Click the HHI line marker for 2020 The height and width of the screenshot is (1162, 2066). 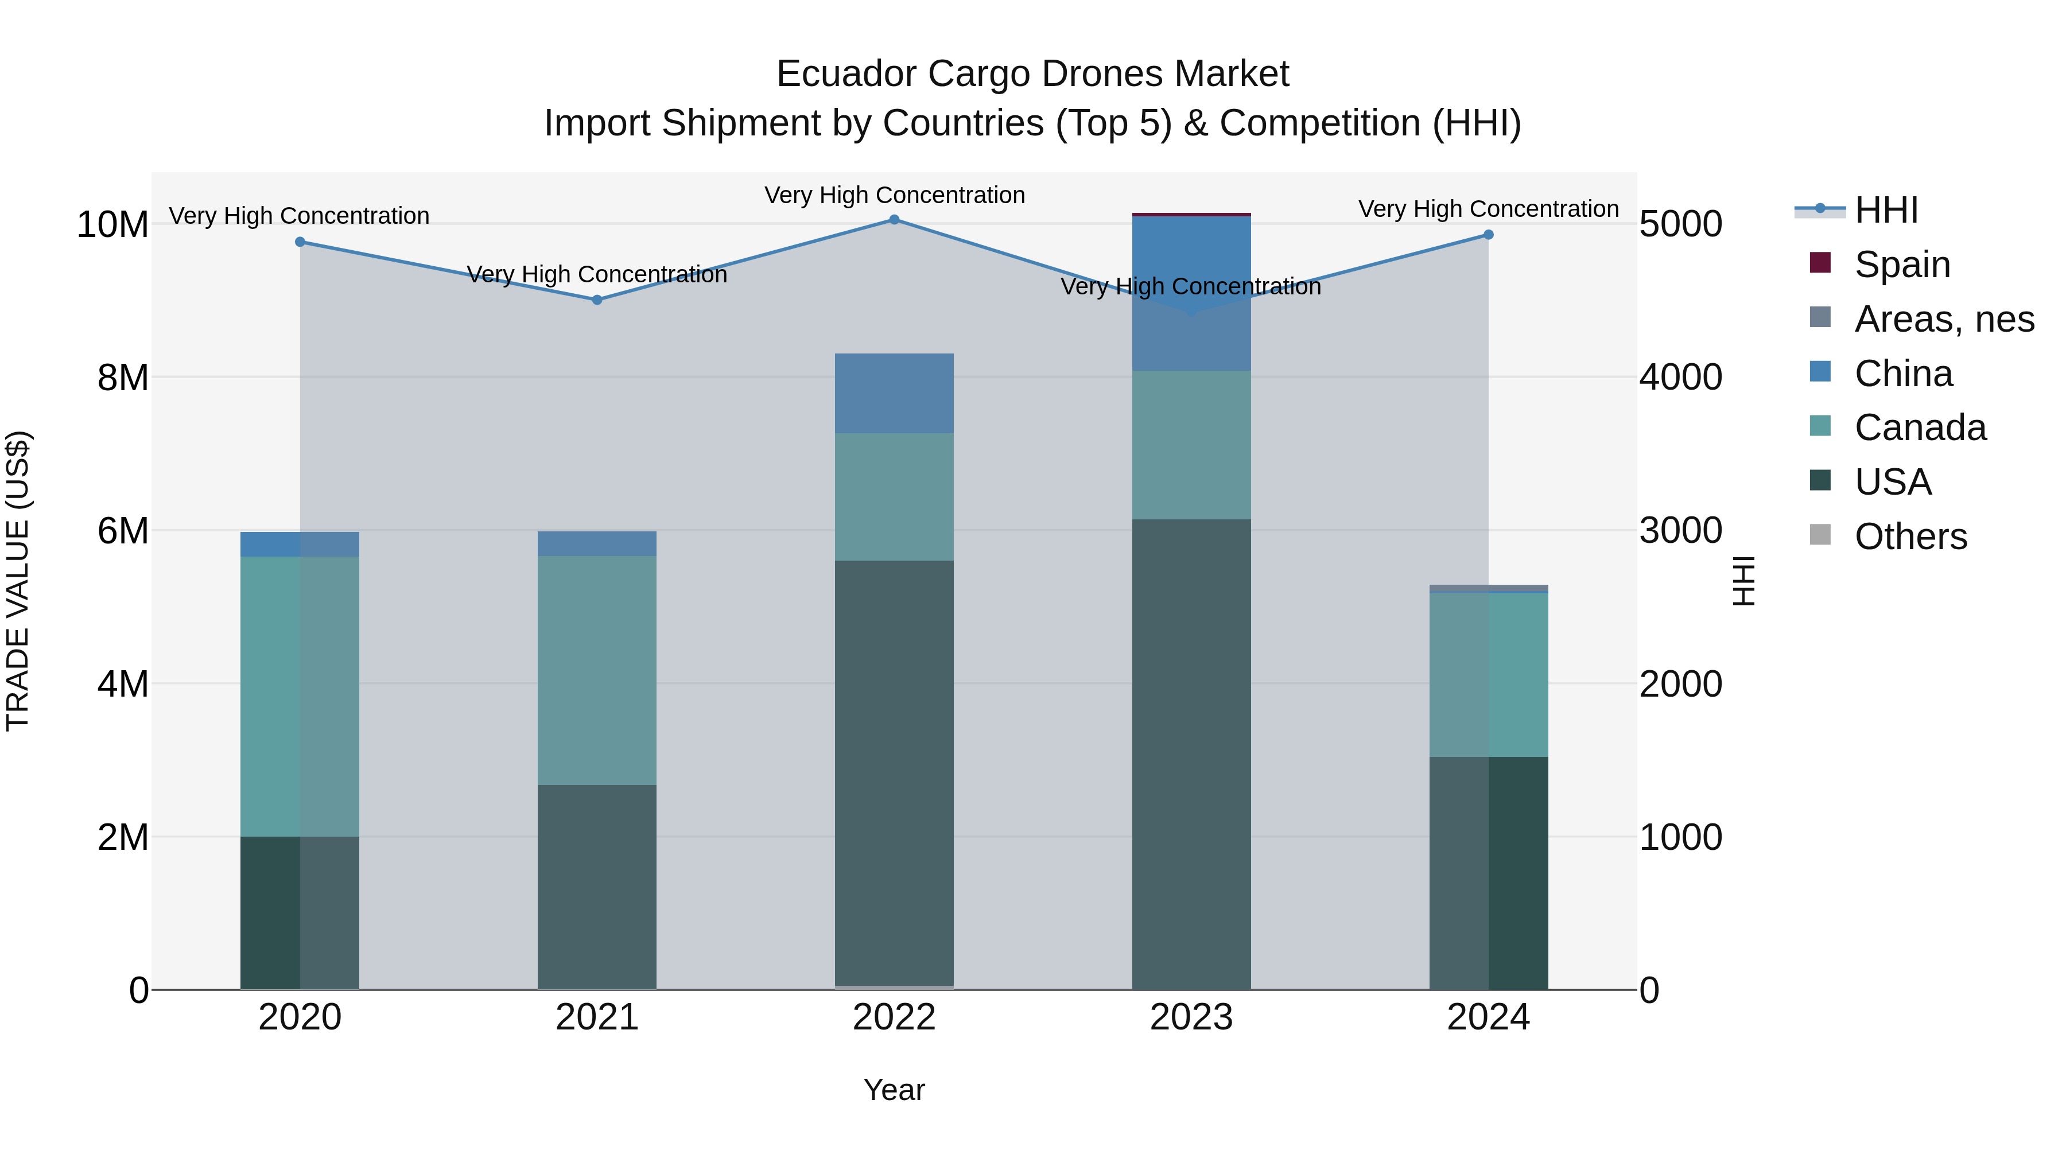pyautogui.click(x=300, y=242)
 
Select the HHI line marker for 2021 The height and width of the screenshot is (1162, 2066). pyautogui.click(x=597, y=300)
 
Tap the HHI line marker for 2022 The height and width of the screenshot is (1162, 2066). pyautogui.click(x=894, y=219)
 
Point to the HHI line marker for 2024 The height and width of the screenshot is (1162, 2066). pyautogui.click(x=1489, y=235)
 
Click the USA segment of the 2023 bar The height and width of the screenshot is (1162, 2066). pyautogui.click(x=1191, y=754)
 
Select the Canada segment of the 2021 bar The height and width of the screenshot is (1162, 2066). pyautogui.click(x=597, y=670)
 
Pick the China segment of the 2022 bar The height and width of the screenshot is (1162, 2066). pyautogui.click(x=894, y=393)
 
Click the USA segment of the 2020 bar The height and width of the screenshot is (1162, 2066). pyautogui.click(x=300, y=912)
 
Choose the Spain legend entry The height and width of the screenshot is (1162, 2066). pyautogui.click(x=1902, y=264)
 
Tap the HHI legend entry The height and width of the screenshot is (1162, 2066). pyautogui.click(x=1886, y=210)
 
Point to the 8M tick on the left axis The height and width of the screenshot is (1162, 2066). pyautogui.click(x=123, y=378)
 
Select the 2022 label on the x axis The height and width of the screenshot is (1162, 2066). pyautogui.click(x=894, y=1017)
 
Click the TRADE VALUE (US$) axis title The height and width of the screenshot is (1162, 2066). pyautogui.click(x=18, y=581)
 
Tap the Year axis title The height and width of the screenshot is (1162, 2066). pyautogui.click(x=894, y=1090)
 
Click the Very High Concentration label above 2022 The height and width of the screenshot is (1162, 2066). pyautogui.click(x=894, y=195)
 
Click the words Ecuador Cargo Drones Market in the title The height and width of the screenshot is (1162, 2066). pyautogui.click(x=1032, y=74)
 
